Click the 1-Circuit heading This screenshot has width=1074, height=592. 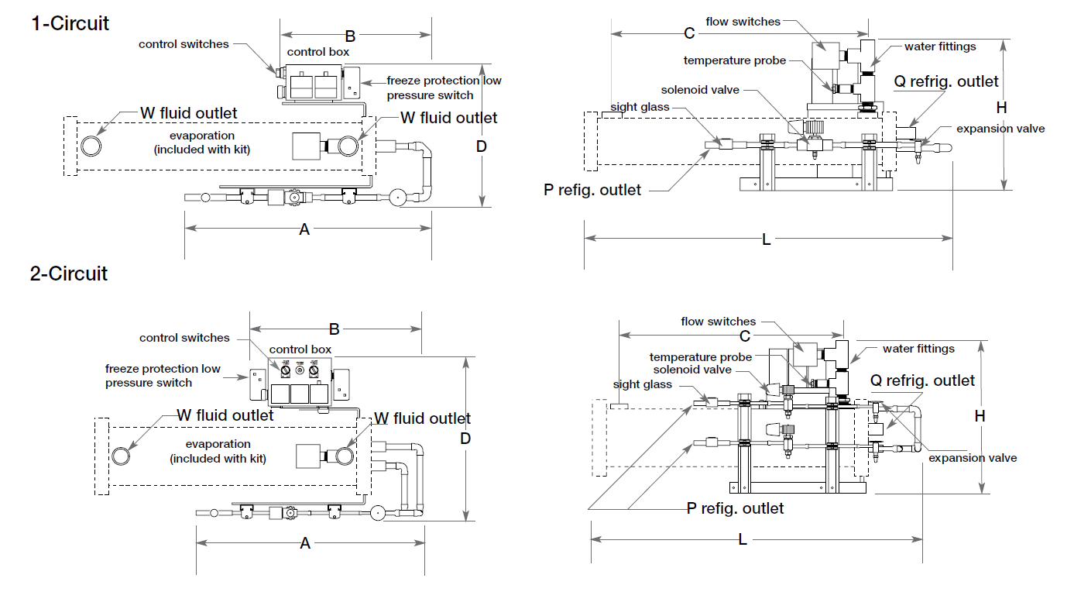(70, 23)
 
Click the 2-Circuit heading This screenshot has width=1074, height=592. (69, 274)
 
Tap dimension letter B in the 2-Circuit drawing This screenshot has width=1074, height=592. (335, 329)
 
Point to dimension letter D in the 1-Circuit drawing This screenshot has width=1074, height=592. (481, 146)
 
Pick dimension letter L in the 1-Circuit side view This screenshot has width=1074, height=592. (767, 239)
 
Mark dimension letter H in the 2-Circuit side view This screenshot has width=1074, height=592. (980, 416)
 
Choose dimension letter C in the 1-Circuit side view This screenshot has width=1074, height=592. (689, 33)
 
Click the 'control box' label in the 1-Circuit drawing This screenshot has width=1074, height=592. (317, 52)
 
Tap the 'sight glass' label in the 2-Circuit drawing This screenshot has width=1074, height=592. (643, 384)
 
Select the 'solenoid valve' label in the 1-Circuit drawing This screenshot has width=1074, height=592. (700, 90)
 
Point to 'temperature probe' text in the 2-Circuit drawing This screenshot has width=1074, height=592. (700, 357)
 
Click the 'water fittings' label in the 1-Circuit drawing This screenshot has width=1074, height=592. (940, 46)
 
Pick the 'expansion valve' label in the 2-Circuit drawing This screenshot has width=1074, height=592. (973, 458)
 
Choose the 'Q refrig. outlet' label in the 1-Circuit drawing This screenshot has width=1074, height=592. (946, 81)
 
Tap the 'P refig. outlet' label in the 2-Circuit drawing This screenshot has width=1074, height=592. (735, 508)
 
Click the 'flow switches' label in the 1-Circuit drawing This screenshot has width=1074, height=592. (743, 22)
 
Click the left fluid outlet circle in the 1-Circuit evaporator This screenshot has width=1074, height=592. (91, 146)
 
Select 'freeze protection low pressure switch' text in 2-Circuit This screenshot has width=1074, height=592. (163, 376)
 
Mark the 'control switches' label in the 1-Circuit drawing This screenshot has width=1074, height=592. (184, 44)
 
